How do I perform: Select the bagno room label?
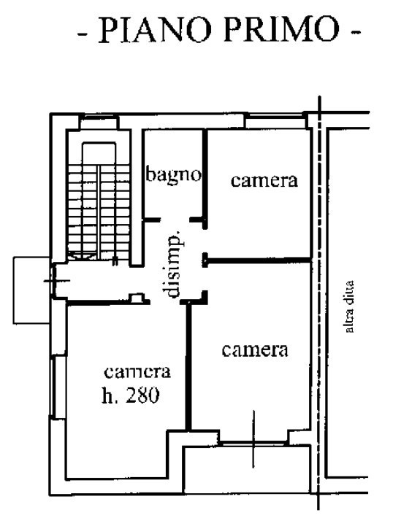[x=172, y=175]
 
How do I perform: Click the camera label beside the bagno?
[x=264, y=180]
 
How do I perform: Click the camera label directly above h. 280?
[x=137, y=371]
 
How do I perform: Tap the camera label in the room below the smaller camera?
[x=254, y=349]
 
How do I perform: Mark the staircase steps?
[x=98, y=204]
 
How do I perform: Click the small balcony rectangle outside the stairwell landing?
[x=31, y=290]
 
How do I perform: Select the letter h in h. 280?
[x=107, y=395]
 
